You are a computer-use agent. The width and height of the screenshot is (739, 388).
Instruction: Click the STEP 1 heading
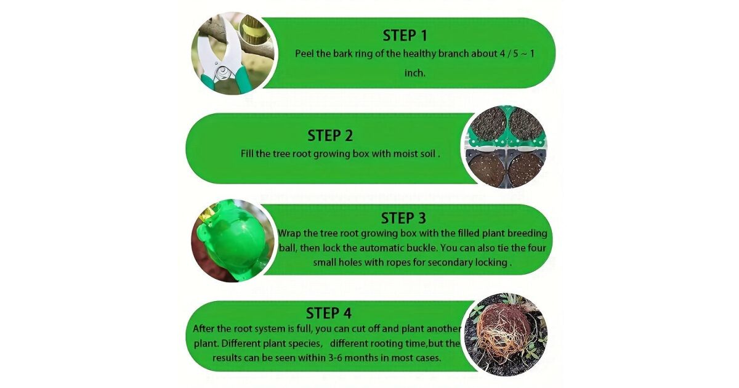(x=405, y=36)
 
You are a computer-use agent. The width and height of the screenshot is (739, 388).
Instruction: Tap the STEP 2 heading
(x=330, y=135)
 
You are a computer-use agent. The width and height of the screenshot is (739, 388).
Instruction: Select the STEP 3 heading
(x=403, y=218)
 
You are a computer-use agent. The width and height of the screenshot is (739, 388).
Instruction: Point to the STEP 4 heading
(x=329, y=313)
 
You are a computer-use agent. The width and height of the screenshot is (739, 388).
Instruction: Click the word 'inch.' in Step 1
(x=414, y=73)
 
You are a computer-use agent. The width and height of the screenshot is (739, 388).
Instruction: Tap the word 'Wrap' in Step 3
(x=289, y=233)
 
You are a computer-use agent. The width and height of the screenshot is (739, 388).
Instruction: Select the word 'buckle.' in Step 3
(x=421, y=248)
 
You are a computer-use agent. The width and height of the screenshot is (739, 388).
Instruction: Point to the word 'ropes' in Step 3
(x=413, y=262)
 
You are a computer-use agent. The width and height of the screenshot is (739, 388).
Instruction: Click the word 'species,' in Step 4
(x=305, y=344)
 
